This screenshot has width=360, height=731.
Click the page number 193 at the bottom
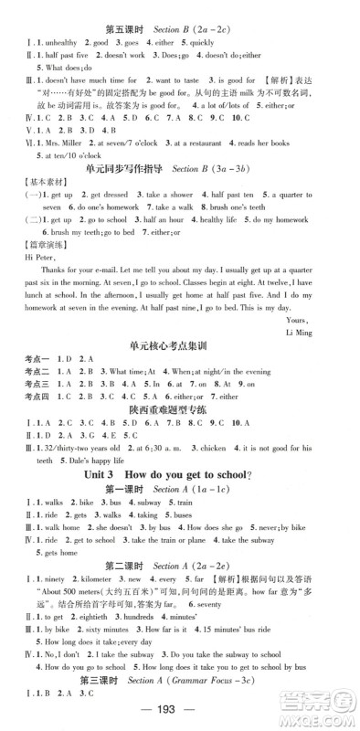[x=180, y=708]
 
